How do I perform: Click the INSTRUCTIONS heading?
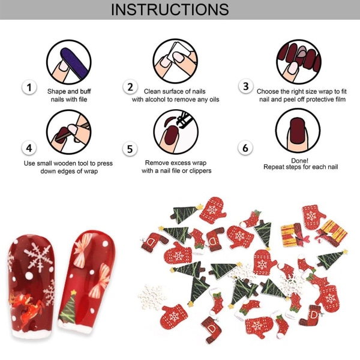(170, 10)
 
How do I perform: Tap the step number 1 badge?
(29, 87)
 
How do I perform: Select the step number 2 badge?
(130, 87)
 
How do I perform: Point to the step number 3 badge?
(246, 86)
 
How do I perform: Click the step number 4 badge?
(29, 148)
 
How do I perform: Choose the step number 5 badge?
(130, 149)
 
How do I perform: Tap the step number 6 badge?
(245, 148)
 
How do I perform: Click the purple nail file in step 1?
(74, 62)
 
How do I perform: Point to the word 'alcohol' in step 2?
(155, 100)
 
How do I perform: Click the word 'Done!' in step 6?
(299, 161)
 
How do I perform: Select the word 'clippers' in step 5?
(200, 171)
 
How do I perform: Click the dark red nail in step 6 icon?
(297, 131)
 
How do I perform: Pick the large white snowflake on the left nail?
(38, 257)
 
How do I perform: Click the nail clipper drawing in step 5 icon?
(184, 119)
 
